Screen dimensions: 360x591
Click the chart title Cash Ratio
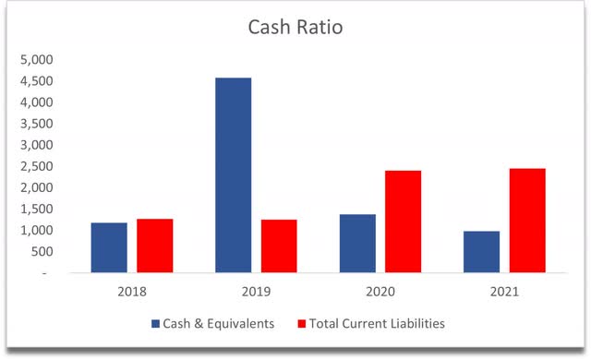[x=295, y=28]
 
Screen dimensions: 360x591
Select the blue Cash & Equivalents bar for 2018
[x=109, y=248]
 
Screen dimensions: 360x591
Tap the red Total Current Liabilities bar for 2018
[x=154, y=246]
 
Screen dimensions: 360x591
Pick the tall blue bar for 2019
[x=233, y=175]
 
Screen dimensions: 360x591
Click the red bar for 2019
[x=279, y=246]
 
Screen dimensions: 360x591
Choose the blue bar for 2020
[x=357, y=244]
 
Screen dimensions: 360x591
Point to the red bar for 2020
[x=403, y=222]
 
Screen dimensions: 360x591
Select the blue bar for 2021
[x=481, y=252]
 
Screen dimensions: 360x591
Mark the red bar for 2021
[x=526, y=222]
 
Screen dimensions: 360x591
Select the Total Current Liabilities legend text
[x=374, y=324]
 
